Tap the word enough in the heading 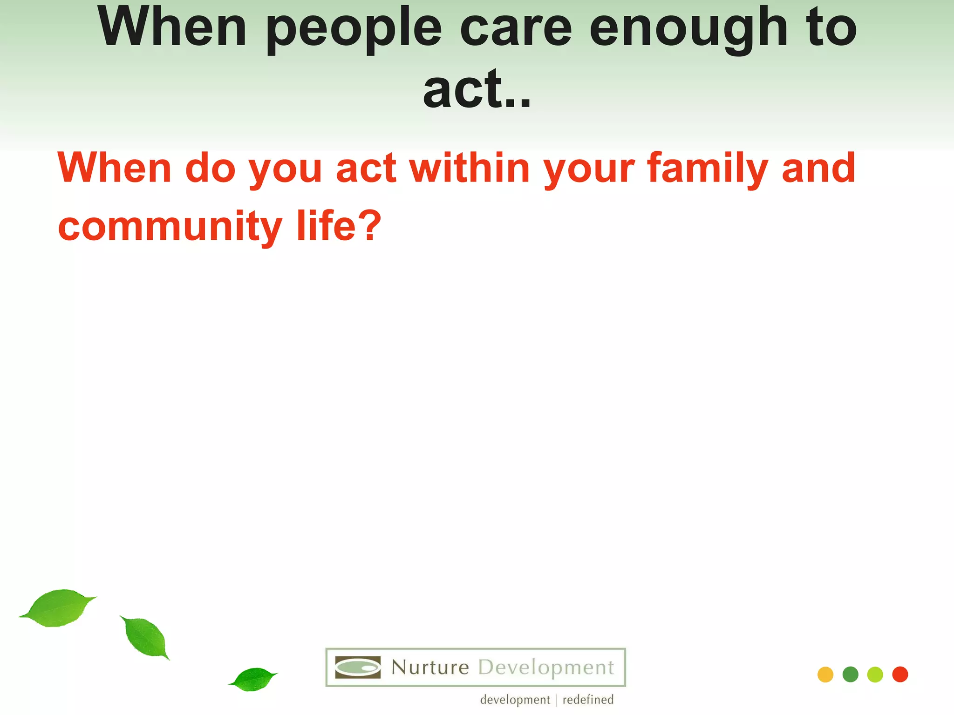[x=688, y=29]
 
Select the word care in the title [x=516, y=29]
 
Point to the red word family [x=708, y=169]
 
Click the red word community [x=170, y=226]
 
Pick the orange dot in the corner [x=825, y=675]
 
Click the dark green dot [x=850, y=675]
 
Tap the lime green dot [x=875, y=675]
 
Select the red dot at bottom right [x=900, y=675]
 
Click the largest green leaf [x=58, y=608]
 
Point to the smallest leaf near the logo [x=253, y=679]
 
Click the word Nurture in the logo [x=430, y=668]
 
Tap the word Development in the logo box [x=546, y=668]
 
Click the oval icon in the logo [x=358, y=668]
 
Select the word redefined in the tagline [x=588, y=700]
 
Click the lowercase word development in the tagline [x=515, y=700]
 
